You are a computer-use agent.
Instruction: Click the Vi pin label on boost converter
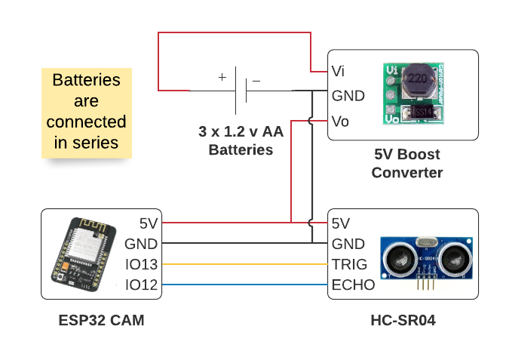(339, 71)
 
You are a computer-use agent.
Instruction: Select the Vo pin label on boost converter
(340, 121)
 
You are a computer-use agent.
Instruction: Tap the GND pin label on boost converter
(348, 96)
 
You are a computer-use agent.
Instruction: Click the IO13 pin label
(142, 264)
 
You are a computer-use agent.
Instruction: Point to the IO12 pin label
(142, 285)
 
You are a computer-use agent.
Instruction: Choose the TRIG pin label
(350, 264)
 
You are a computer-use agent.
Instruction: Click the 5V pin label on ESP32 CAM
(149, 223)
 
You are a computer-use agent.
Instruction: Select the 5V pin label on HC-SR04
(341, 223)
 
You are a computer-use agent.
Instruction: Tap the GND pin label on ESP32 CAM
(141, 244)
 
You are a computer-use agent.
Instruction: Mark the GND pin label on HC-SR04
(348, 244)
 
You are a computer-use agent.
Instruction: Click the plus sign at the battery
(222, 77)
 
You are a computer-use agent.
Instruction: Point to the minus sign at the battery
(256, 80)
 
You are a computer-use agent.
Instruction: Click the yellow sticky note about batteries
(86, 112)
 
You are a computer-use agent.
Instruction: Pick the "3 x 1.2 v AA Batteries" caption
(241, 140)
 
